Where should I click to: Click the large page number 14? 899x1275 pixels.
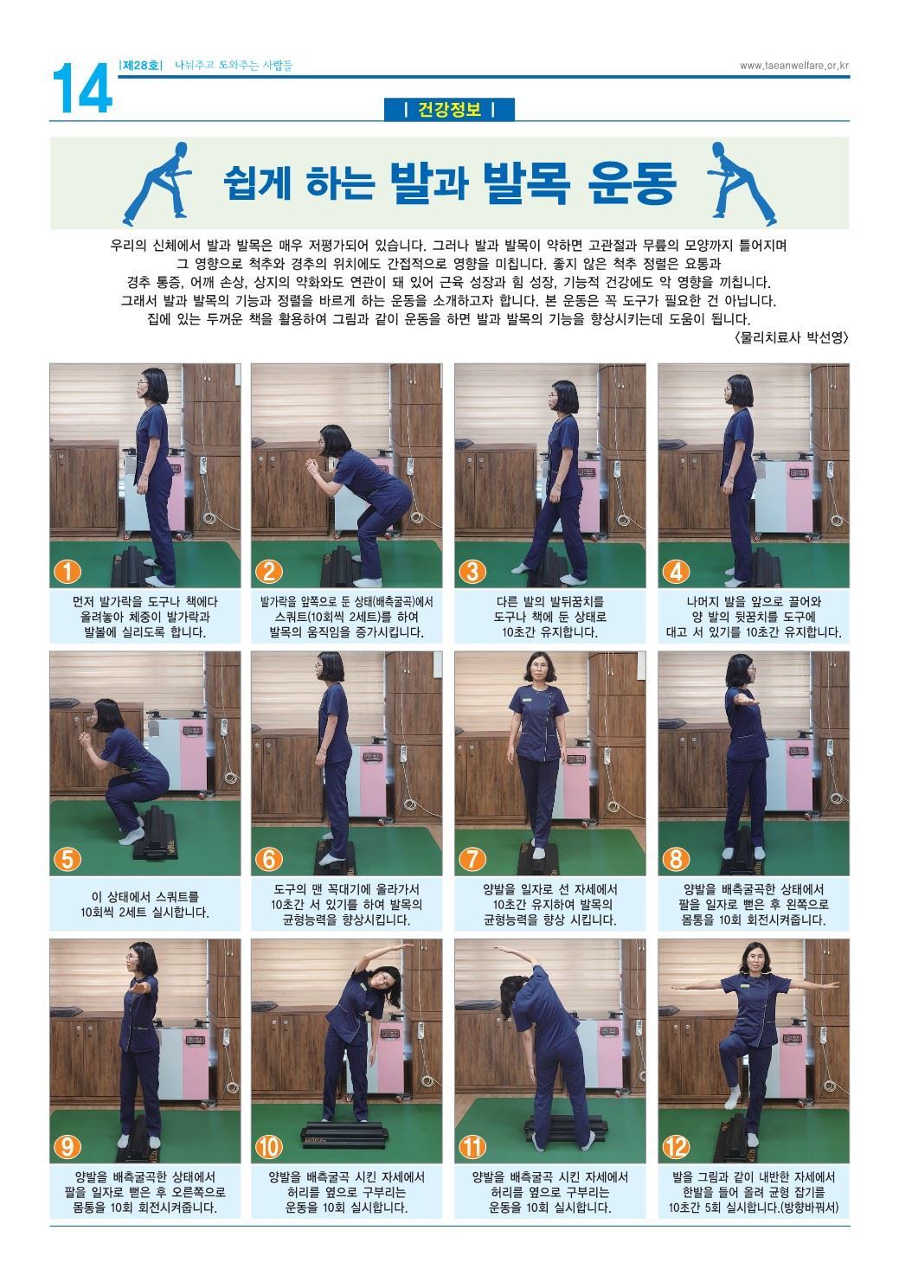tap(82, 88)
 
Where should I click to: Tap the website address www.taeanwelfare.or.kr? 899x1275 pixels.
tap(793, 66)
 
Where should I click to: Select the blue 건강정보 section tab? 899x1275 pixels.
tap(449, 109)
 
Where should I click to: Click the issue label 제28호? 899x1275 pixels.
tap(141, 66)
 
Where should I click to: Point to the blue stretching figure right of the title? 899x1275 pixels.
tap(740, 183)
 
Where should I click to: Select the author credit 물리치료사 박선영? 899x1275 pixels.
tap(792, 337)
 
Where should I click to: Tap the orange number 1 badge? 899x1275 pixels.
tap(67, 571)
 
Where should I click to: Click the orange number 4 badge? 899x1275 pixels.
tap(676, 571)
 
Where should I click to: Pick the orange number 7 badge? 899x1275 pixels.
tap(472, 860)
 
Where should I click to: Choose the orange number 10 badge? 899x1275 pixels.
tap(269, 1147)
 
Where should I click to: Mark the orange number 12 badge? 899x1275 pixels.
tap(676, 1147)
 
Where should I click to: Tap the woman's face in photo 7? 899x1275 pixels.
tap(538, 671)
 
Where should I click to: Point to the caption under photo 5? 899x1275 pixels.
tap(144, 905)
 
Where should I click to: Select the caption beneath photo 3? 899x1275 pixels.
tap(550, 617)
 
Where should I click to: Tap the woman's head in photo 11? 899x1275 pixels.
tap(514, 989)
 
